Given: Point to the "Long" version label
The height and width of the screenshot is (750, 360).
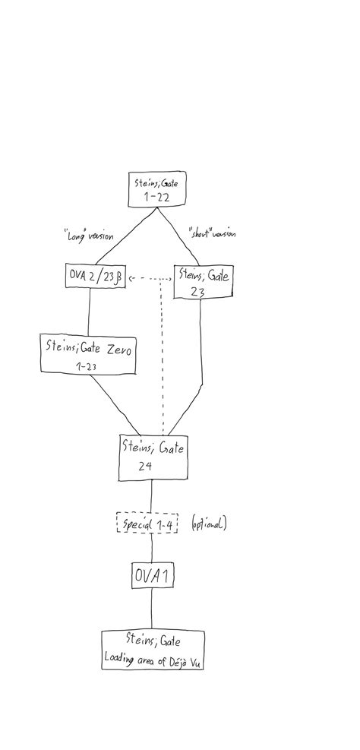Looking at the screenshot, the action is [x=89, y=236].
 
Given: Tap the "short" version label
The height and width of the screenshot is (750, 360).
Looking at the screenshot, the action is [x=212, y=234].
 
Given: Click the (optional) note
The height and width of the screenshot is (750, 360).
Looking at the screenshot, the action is [x=209, y=524].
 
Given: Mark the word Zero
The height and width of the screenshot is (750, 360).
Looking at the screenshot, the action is [x=119, y=349].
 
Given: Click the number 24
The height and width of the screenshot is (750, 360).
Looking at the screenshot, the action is [x=145, y=466].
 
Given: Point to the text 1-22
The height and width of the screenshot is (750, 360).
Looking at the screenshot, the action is [x=156, y=198].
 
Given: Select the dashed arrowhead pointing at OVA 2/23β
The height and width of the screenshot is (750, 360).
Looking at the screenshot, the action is [x=131, y=278].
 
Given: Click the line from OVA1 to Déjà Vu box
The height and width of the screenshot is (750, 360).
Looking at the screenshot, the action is [x=152, y=609].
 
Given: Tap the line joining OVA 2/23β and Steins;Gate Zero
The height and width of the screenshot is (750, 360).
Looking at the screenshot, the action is [x=88, y=311].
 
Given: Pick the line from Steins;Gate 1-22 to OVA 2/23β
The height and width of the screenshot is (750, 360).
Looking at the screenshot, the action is [x=126, y=236].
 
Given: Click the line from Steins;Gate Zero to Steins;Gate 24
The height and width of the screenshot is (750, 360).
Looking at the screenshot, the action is [x=115, y=405].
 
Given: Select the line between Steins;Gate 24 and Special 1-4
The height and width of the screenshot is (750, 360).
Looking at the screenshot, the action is [x=151, y=496].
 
